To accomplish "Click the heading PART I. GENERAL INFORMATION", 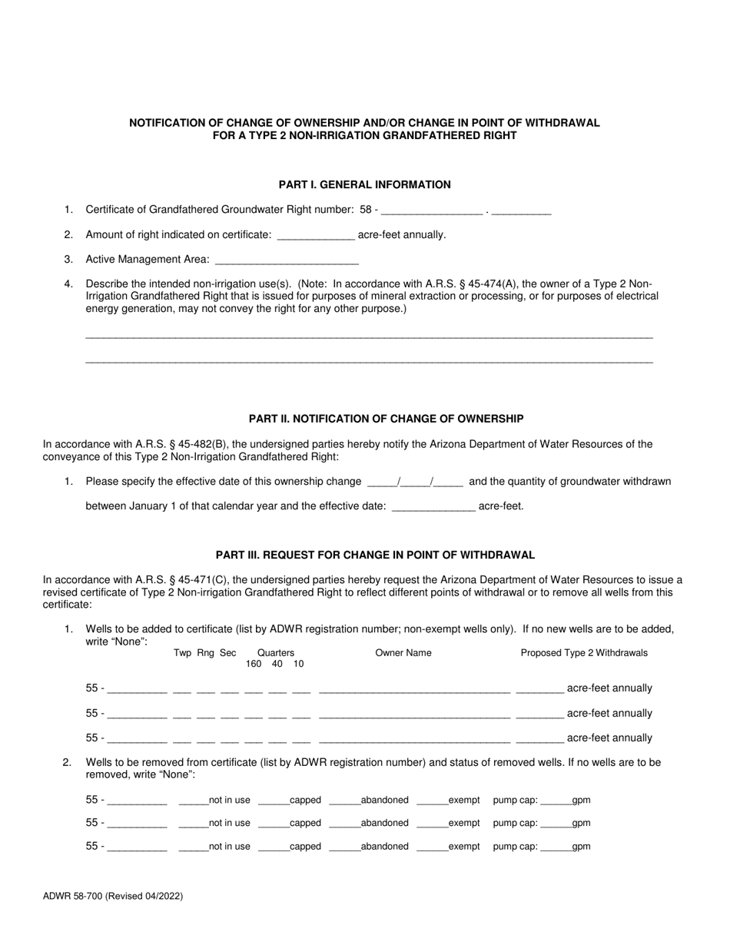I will tap(364, 184).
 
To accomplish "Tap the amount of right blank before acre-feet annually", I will tap(315, 235).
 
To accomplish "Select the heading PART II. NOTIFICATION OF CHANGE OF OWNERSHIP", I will tap(386, 419).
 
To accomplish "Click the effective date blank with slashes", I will tap(415, 482).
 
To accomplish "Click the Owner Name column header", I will tap(403, 653).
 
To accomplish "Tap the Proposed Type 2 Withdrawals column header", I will tap(584, 653).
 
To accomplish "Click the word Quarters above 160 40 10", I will tap(276, 653).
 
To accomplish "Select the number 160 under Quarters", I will tap(254, 664).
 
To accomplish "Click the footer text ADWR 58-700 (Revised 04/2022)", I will tap(113, 896).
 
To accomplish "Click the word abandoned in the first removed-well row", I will tap(384, 801).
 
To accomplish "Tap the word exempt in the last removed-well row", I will tap(464, 847).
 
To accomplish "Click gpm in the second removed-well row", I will tap(582, 823).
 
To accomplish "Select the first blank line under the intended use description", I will tap(369, 336).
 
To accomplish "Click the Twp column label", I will tap(182, 653).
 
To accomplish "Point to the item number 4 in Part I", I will tap(68, 284).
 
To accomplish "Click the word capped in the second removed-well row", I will tap(305, 823).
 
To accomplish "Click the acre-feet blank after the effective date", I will tap(433, 507).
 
